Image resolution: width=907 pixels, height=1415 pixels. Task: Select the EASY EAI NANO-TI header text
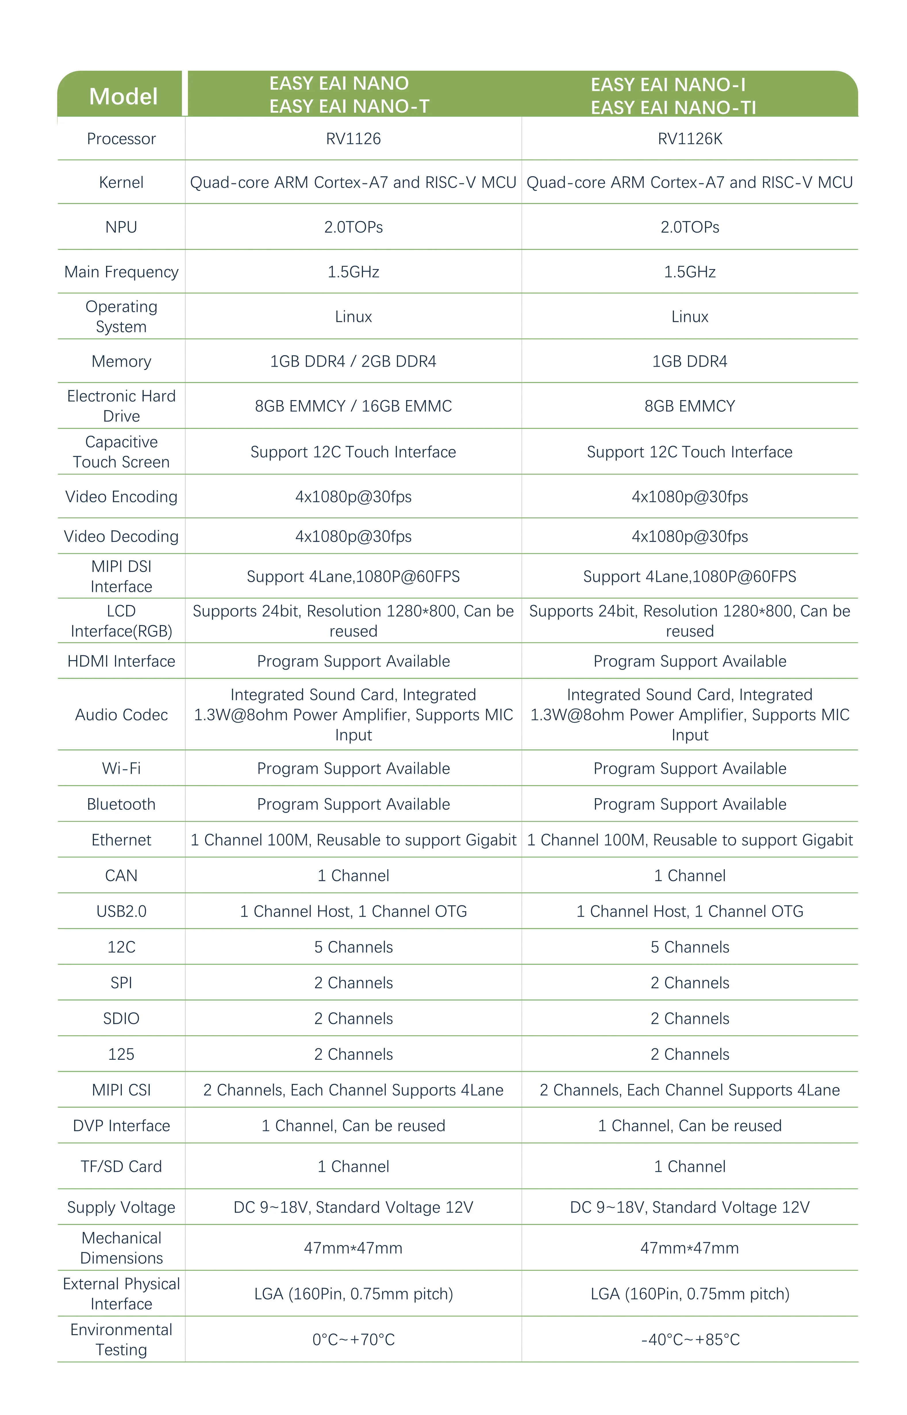(x=673, y=107)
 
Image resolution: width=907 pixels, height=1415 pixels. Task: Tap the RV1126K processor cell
(x=690, y=139)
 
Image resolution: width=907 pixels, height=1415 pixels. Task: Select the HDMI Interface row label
(x=121, y=661)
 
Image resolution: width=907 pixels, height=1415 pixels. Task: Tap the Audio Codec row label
(x=121, y=715)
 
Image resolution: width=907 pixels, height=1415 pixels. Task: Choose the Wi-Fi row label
(x=121, y=769)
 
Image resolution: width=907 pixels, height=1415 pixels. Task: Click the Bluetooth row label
(x=121, y=805)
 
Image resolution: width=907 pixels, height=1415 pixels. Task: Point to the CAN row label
(x=121, y=876)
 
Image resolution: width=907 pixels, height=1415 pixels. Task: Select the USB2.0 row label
(x=121, y=911)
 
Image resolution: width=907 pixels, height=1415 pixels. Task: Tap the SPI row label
(x=121, y=983)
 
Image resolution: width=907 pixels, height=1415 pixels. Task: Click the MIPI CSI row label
(x=121, y=1090)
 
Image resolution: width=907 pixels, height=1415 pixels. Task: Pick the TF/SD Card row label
(x=121, y=1166)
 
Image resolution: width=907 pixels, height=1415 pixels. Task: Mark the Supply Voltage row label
(x=121, y=1207)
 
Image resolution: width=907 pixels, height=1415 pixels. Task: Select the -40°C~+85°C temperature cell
(x=690, y=1340)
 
